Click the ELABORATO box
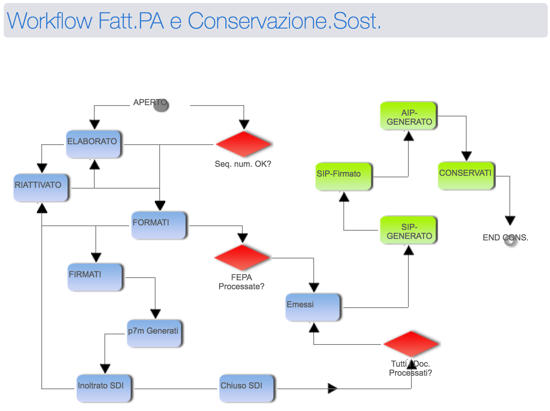click(94, 144)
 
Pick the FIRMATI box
click(95, 277)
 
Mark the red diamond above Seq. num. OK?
click(244, 144)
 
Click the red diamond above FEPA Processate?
click(242, 258)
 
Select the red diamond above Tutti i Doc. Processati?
click(411, 344)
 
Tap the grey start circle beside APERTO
click(161, 105)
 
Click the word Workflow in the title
click(50, 21)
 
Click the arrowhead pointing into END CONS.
click(510, 220)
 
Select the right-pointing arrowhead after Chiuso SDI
click(332, 388)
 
